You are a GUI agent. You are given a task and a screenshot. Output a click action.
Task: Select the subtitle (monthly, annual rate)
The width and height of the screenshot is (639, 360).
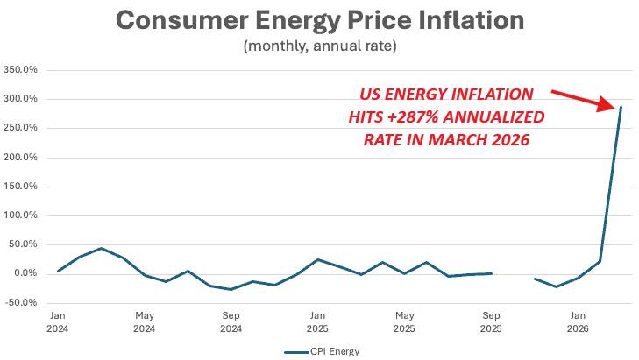point(320,46)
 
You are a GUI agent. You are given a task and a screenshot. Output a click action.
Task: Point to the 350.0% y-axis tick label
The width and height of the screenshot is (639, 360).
point(20,69)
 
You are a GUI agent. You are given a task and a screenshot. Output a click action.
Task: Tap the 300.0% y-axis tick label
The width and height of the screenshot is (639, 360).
point(20,99)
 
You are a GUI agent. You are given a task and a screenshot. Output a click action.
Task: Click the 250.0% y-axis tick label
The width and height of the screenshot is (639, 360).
point(20,128)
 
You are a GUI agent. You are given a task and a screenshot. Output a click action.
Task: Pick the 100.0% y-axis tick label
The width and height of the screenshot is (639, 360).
point(20,215)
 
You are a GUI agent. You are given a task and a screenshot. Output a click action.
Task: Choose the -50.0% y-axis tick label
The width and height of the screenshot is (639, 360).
point(21,303)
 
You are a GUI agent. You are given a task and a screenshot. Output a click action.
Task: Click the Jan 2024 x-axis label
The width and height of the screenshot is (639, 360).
point(59,321)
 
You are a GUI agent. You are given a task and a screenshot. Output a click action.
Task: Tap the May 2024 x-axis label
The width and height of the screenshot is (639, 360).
point(145,321)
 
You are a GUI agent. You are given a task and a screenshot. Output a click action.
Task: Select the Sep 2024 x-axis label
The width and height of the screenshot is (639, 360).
point(231,321)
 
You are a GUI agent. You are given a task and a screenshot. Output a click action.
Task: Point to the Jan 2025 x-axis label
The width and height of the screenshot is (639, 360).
point(316,321)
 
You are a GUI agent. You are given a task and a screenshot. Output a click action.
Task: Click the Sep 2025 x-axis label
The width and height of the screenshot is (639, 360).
point(491,321)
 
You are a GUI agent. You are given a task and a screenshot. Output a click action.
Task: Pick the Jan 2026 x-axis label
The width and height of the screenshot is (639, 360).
point(578,321)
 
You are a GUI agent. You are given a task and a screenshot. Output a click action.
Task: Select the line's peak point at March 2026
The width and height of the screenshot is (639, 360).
point(621,107)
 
